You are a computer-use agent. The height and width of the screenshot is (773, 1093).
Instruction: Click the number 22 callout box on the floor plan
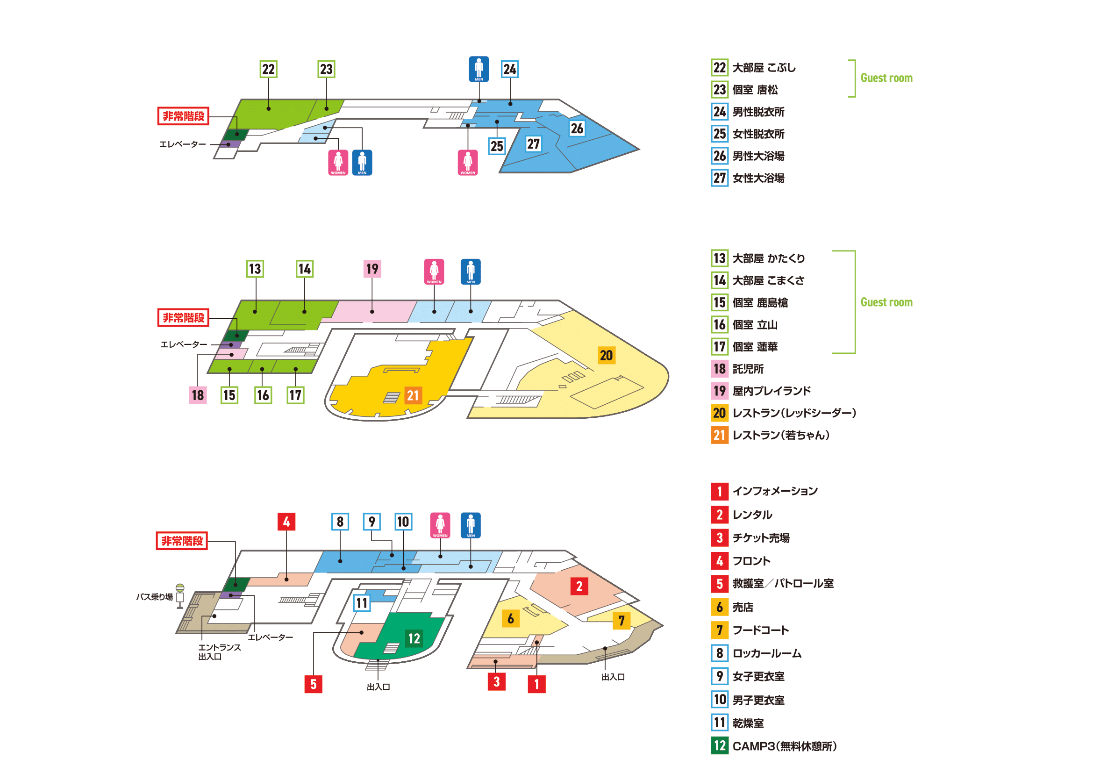pyautogui.click(x=269, y=69)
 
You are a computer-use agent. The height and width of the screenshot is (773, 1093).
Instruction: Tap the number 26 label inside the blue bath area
pyautogui.click(x=577, y=129)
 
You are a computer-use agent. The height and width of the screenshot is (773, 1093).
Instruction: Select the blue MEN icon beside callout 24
pyautogui.click(x=479, y=69)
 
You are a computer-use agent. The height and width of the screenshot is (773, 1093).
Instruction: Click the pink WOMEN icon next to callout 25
pyautogui.click(x=467, y=162)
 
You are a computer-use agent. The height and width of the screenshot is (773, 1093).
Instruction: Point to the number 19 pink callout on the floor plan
pyautogui.click(x=372, y=269)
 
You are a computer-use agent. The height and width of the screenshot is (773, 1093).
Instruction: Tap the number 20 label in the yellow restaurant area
pyautogui.click(x=606, y=356)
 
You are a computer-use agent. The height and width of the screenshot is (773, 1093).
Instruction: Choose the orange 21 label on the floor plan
pyautogui.click(x=413, y=395)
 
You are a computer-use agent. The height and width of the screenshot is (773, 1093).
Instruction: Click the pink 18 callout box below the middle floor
pyautogui.click(x=198, y=395)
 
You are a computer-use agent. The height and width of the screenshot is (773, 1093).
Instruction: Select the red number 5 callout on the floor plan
pyautogui.click(x=313, y=685)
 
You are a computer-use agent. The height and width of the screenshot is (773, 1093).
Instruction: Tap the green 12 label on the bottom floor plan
pyautogui.click(x=414, y=638)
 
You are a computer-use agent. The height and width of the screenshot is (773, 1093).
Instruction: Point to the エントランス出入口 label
pyautogui.click(x=220, y=652)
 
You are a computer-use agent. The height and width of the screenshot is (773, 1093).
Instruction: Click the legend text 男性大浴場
pyautogui.click(x=758, y=156)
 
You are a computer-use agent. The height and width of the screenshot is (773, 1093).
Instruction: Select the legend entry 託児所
pyautogui.click(x=748, y=369)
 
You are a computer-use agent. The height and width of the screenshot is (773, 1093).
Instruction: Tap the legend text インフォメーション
pyautogui.click(x=775, y=491)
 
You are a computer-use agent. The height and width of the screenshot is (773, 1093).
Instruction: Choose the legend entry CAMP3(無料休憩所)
pyautogui.click(x=785, y=746)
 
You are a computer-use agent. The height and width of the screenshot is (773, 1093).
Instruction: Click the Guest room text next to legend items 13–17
pyautogui.click(x=886, y=302)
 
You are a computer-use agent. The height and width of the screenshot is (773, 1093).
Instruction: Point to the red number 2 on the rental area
pyautogui.click(x=579, y=587)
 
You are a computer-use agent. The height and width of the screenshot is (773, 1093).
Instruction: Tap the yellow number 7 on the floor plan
pyautogui.click(x=621, y=621)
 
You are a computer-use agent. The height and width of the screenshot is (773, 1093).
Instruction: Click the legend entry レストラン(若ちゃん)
pyautogui.click(x=781, y=435)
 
